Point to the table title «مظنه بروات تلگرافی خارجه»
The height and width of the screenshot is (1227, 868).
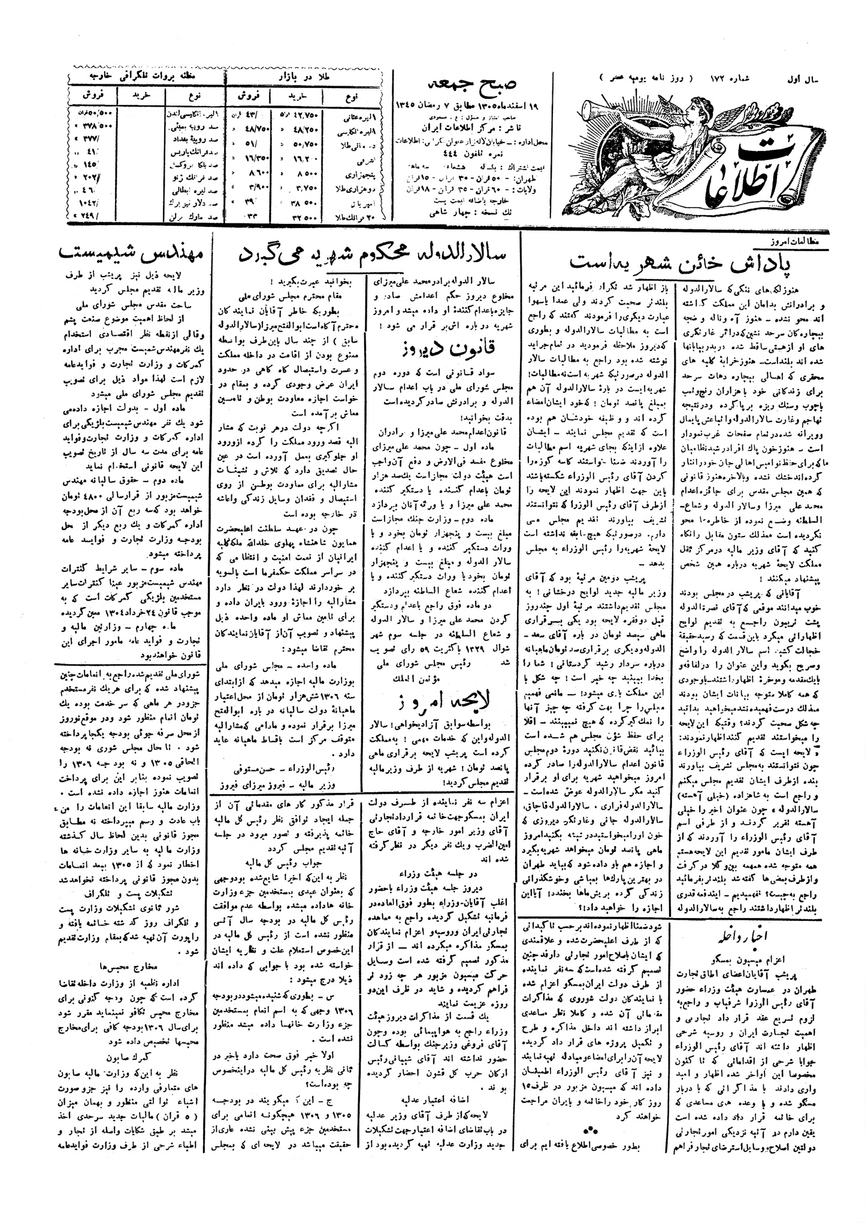[147, 78]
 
